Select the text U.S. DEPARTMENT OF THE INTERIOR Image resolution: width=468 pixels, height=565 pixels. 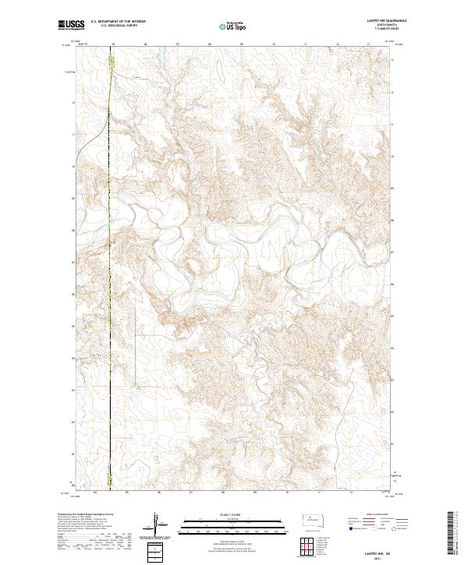117,23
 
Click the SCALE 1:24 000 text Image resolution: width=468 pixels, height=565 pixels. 233,514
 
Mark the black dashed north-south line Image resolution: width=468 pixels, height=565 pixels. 110,312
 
